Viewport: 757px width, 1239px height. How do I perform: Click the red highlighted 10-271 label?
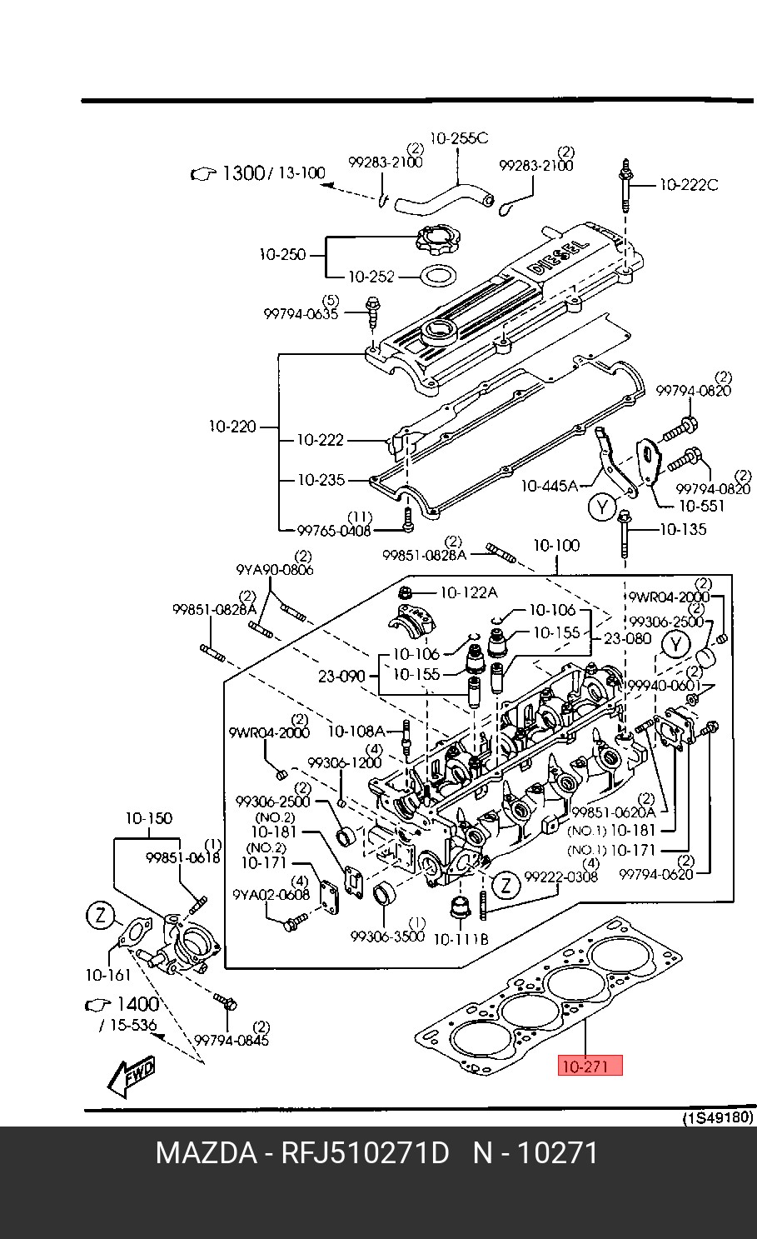coord(590,1066)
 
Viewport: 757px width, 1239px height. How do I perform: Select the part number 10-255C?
coord(459,137)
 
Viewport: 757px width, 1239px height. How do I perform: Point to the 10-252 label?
coord(371,277)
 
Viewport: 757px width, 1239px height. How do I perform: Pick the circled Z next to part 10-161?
coord(99,917)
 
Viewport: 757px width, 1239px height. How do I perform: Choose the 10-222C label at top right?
coord(688,185)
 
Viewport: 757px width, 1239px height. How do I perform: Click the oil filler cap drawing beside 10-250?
coord(436,242)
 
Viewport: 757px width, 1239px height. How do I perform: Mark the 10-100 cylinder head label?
coord(556,546)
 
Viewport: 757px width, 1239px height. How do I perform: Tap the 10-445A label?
coord(549,485)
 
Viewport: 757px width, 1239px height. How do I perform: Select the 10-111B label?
coord(461,939)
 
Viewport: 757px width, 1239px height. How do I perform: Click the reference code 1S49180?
coord(719,1117)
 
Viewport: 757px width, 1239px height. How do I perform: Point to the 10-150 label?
coord(148,818)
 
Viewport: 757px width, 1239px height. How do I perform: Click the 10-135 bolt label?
coord(683,528)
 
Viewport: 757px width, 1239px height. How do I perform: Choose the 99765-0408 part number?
coord(334,530)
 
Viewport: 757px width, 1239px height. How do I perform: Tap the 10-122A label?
coord(468,592)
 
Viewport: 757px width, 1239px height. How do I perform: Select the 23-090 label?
coord(341,676)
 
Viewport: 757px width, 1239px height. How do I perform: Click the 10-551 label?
coord(701,505)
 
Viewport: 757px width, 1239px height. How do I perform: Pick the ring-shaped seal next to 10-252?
coord(436,274)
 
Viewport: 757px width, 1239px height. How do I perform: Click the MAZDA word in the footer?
coord(206,1154)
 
